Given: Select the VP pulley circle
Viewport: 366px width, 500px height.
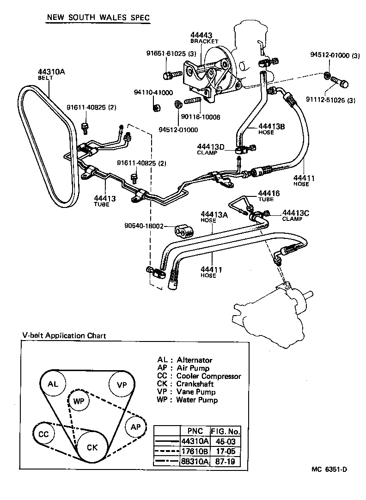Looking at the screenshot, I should [x=122, y=384].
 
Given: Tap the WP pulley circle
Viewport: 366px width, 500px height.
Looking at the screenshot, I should [x=77, y=401].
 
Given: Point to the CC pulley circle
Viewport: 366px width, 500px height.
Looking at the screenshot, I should [x=44, y=434].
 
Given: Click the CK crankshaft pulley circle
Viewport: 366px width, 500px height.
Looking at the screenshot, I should [x=92, y=447].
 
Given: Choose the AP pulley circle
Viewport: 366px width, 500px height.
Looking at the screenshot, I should [x=135, y=426].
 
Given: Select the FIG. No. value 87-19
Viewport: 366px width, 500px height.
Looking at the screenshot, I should [x=225, y=461].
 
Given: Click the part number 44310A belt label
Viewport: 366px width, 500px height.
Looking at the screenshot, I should [x=52, y=72].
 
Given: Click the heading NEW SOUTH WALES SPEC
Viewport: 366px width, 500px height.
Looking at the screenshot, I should [x=98, y=18].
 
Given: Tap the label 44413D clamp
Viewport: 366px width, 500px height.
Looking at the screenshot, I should [x=211, y=147].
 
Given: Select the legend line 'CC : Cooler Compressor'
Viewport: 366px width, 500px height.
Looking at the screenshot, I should [x=199, y=376].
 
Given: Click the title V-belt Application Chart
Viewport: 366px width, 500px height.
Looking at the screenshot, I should [x=64, y=335].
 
